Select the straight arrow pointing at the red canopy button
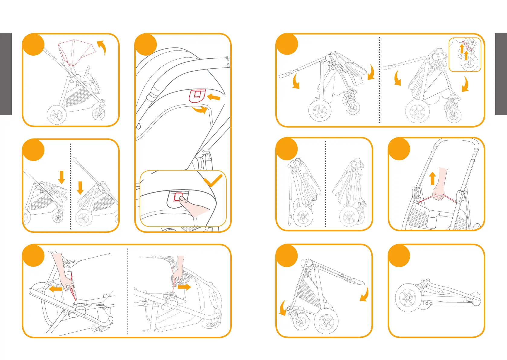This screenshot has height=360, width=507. click(214, 97)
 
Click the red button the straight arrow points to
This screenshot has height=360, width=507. click(197, 95)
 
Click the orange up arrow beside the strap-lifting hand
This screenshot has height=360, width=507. click(432, 178)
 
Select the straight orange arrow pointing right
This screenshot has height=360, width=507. click(184, 287)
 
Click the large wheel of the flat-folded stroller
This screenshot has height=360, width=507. click(408, 298)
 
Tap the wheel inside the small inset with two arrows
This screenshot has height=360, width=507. click(469, 63)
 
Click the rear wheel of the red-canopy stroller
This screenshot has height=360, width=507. click(57, 115)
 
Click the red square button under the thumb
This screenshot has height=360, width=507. click(178, 197)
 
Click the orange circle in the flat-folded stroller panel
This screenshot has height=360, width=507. click(399, 256)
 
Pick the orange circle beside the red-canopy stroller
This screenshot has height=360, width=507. click(33, 44)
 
